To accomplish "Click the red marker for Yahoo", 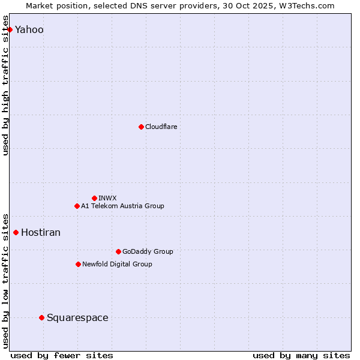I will (x=10, y=29).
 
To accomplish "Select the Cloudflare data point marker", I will (x=141, y=127).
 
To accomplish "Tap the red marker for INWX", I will (x=94, y=198).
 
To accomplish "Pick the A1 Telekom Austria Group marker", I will (x=77, y=206).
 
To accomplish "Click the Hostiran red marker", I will (x=16, y=232).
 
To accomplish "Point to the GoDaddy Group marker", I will (x=118, y=251).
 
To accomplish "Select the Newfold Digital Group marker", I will (x=78, y=264).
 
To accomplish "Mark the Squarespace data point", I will (x=41, y=317).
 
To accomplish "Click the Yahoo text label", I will (x=29, y=30).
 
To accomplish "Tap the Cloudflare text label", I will (x=161, y=127).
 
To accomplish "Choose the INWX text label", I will (x=107, y=198).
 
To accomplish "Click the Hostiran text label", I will (x=41, y=233).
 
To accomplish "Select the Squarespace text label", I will (x=77, y=318).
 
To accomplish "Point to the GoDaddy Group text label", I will (x=148, y=251).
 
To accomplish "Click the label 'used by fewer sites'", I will (x=62, y=355).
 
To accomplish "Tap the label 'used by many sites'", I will (x=301, y=355).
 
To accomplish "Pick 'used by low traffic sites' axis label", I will (x=6, y=280).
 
